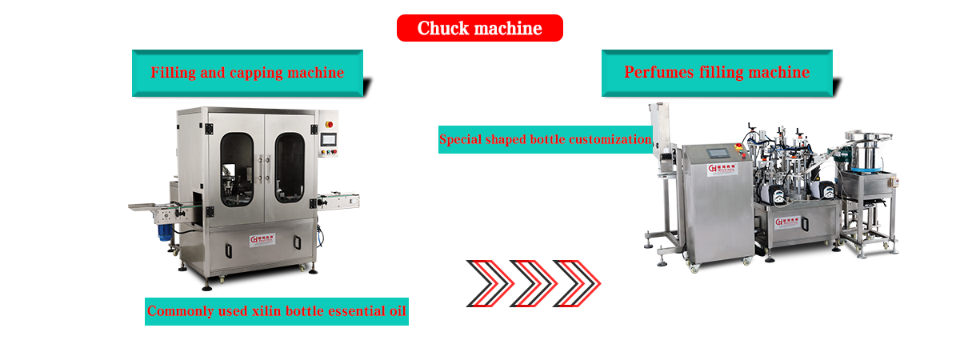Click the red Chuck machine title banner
[x=479, y=29]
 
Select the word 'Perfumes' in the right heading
[x=658, y=73]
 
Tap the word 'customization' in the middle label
[x=610, y=139]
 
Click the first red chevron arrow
[x=494, y=283]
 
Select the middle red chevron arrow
[x=537, y=283]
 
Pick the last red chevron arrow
[x=580, y=283]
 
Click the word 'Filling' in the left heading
[x=170, y=73]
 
